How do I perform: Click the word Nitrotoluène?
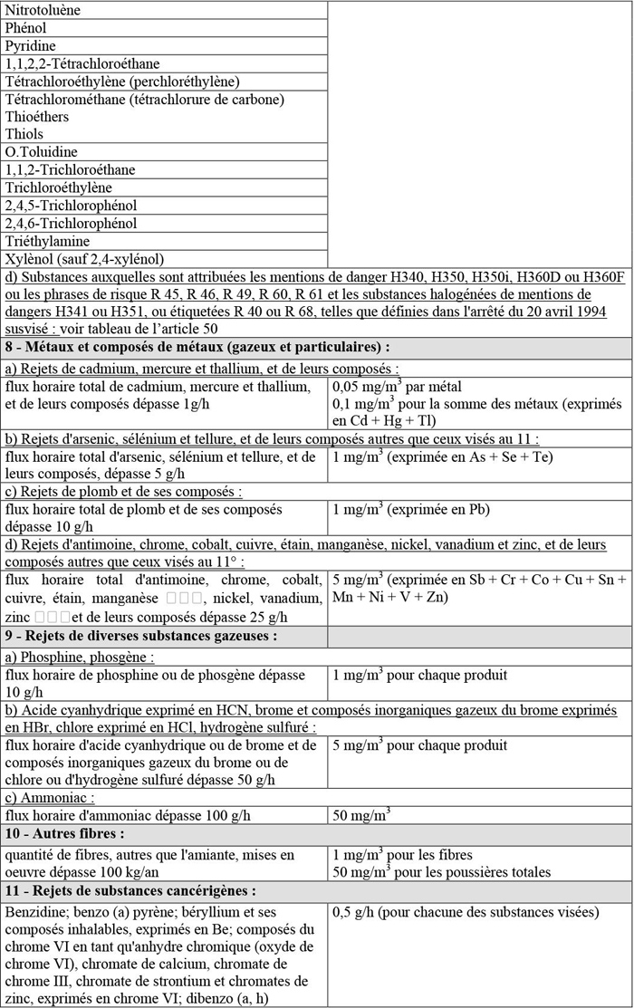[43, 11]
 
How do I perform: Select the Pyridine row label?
[30, 46]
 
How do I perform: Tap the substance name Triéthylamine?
[47, 241]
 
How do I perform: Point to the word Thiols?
[24, 134]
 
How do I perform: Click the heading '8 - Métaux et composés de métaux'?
[197, 347]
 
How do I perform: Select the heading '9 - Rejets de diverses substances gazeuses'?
[140, 637]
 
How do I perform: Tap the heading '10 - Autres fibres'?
[65, 832]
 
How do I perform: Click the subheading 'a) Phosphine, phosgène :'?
[80, 657]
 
